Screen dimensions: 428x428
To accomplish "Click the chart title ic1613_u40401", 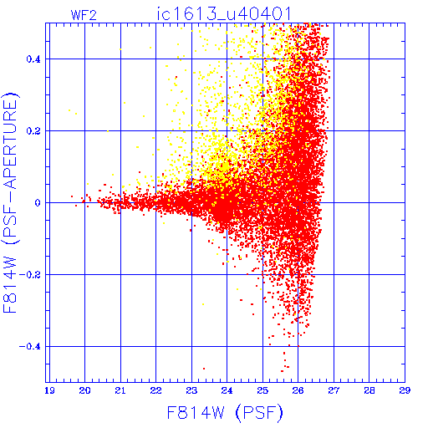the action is [224, 13].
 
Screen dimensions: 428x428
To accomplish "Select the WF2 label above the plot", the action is [84, 15].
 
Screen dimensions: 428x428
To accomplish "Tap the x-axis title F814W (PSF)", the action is [225, 412].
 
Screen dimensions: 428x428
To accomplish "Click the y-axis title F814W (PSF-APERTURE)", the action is [11, 203].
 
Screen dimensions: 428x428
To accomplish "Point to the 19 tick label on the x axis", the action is [49, 390].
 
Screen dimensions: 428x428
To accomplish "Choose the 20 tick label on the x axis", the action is [84, 390].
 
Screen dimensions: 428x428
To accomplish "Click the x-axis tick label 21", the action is [120, 390].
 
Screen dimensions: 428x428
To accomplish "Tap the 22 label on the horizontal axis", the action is [155, 390].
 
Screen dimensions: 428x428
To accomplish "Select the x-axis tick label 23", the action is [191, 390].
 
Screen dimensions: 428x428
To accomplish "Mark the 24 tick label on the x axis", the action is [227, 390].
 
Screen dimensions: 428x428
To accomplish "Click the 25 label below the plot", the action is [262, 390].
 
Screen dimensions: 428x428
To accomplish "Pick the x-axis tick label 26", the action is [298, 390].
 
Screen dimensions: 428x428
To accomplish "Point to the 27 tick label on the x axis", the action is [334, 390].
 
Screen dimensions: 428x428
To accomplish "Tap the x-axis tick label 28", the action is [369, 390].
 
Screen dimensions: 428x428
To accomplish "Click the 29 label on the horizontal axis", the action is [405, 390].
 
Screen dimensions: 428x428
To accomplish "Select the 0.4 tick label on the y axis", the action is [33, 59].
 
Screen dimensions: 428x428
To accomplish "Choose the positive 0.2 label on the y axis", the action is [33, 131].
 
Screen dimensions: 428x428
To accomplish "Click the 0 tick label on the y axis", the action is [38, 203].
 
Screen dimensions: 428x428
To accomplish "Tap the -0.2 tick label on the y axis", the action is [30, 275].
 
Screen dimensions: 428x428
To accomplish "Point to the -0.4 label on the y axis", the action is [30, 347].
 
